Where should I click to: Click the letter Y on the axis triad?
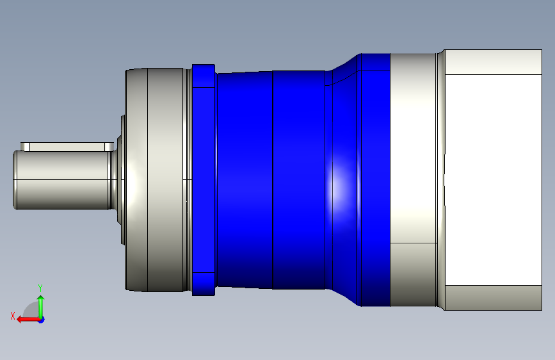coord(40,288)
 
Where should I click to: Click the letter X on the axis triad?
coord(13,315)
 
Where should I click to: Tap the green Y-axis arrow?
coord(41,304)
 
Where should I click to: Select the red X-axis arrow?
coord(26,318)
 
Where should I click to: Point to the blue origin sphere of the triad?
coord(41,319)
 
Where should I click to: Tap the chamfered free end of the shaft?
coord(15,180)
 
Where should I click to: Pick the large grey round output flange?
coord(157,179)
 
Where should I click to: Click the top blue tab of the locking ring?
coord(204,76)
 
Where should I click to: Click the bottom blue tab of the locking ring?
coord(204,283)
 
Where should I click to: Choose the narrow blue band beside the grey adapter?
coord(376,179)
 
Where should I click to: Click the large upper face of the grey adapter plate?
coord(413,147)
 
